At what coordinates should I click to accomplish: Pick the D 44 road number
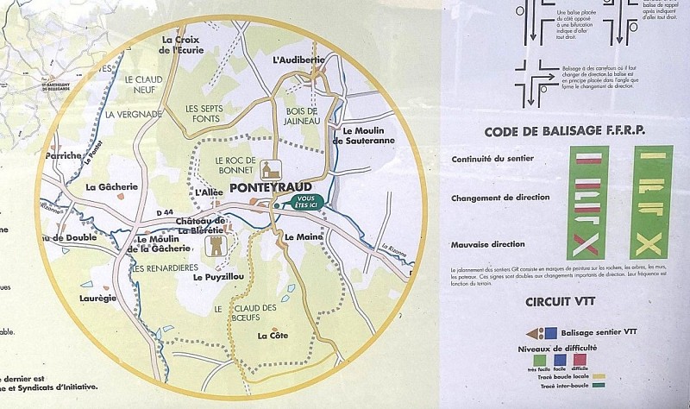165,212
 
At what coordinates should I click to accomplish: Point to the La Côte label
273,337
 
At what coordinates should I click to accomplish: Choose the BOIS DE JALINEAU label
301,116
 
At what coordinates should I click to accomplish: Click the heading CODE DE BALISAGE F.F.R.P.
566,131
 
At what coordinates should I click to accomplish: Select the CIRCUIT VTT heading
566,302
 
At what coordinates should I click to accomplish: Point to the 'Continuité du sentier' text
492,159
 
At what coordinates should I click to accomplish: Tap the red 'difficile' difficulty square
580,359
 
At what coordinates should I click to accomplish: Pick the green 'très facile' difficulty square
539,359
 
